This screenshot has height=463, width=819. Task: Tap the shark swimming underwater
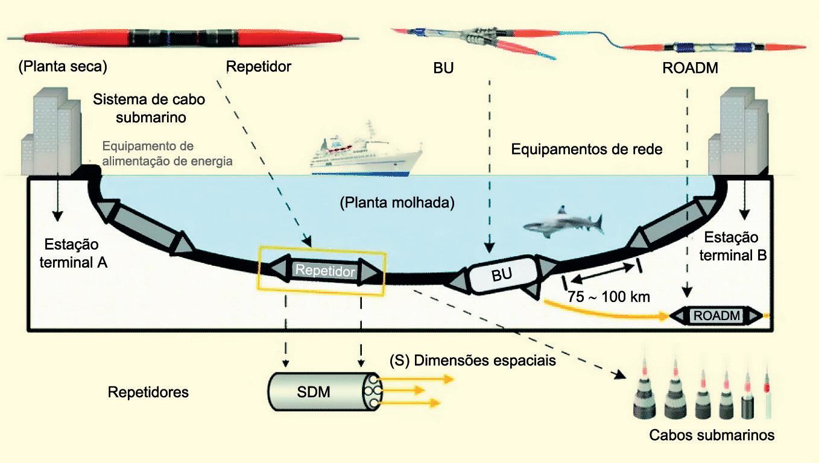[562, 223]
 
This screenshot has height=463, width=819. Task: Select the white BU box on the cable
[501, 275]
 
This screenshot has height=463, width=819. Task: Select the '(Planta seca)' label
[62, 66]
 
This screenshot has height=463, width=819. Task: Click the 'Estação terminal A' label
[75, 254]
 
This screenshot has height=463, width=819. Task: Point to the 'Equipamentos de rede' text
[587, 149]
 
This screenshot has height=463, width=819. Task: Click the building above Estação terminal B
[737, 130]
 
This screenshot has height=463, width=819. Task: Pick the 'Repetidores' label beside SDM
[148, 392]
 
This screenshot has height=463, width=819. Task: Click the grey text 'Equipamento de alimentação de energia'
[167, 154]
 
